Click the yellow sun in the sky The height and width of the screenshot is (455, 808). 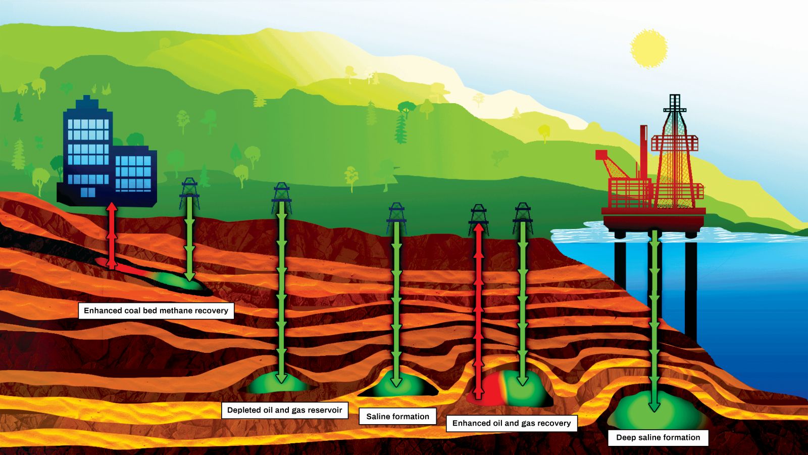pyautogui.click(x=649, y=49)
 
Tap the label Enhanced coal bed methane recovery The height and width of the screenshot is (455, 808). pyautogui.click(x=156, y=310)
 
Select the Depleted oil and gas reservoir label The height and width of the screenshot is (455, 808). pyautogui.click(x=284, y=410)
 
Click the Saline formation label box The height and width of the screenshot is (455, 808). pyautogui.click(x=397, y=417)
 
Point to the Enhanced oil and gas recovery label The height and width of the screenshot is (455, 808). pyautogui.click(x=511, y=423)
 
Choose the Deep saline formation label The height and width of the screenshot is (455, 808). pyautogui.click(x=658, y=437)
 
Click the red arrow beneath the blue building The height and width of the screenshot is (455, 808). pyautogui.click(x=112, y=235)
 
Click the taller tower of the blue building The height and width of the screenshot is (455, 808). pyautogui.click(x=87, y=147)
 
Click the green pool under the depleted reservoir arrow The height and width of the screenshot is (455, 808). pyautogui.click(x=277, y=383)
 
